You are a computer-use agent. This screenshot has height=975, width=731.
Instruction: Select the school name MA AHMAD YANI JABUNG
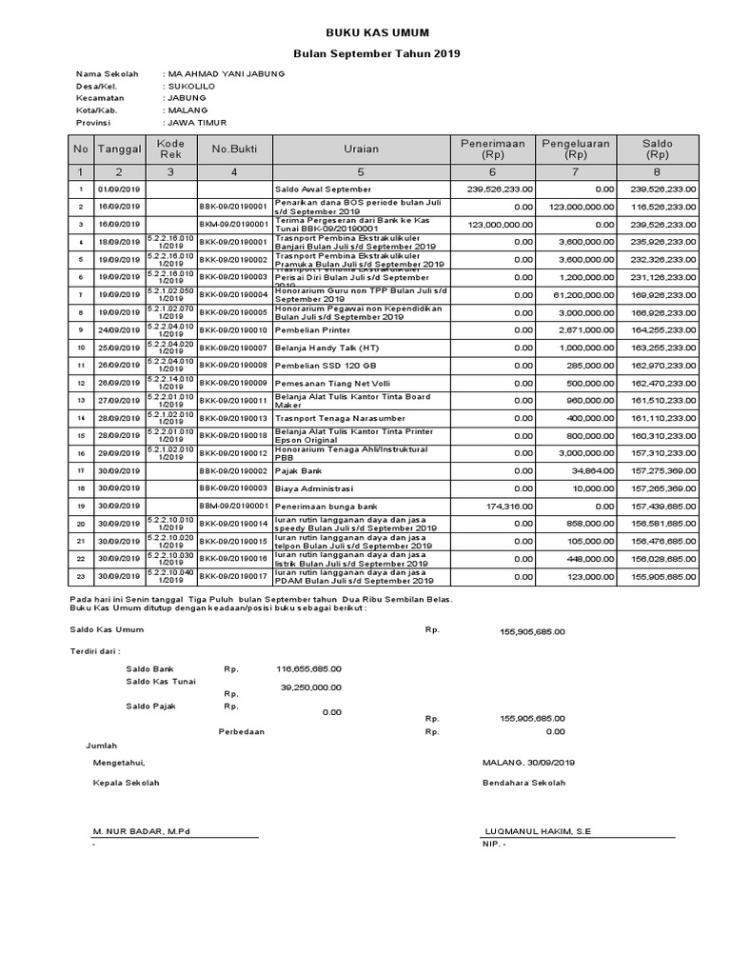(x=226, y=73)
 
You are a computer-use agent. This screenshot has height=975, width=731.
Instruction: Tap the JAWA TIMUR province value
(x=197, y=123)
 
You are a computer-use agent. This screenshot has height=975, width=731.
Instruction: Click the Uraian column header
(x=361, y=149)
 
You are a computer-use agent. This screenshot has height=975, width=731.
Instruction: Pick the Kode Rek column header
(x=169, y=149)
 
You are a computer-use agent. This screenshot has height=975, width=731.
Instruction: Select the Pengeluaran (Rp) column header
(x=575, y=149)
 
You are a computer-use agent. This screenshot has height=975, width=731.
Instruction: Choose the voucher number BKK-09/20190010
(x=233, y=328)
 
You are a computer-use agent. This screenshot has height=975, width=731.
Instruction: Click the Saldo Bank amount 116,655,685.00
(x=308, y=668)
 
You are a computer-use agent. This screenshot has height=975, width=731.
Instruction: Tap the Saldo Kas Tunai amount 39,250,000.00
(x=310, y=686)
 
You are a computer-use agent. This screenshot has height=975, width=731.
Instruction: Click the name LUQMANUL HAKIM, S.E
(x=537, y=831)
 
